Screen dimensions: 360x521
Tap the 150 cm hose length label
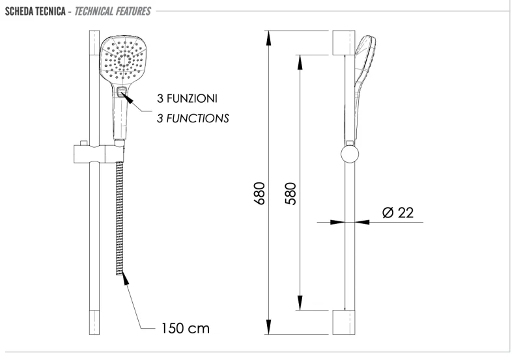click(185, 328)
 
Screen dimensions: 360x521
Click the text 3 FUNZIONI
click(186, 98)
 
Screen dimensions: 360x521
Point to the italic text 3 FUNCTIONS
click(192, 118)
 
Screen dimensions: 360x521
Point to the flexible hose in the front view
click(119, 215)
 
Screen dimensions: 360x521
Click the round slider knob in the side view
click(348, 156)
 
